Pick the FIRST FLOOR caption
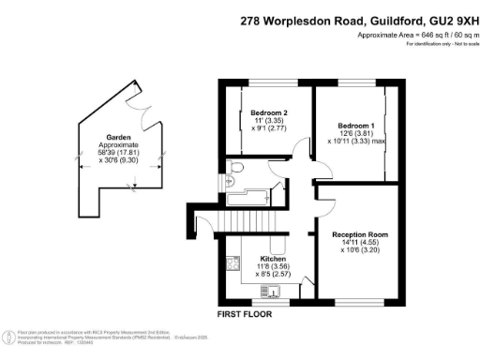coord(245,314)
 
